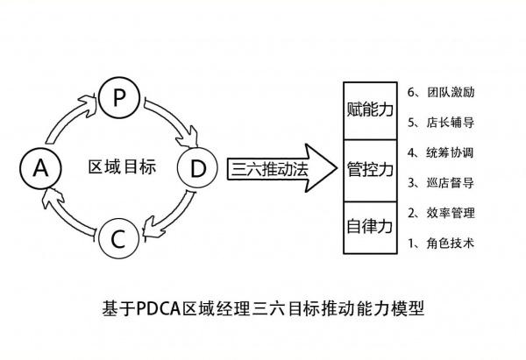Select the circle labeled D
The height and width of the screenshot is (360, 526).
tap(198, 168)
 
